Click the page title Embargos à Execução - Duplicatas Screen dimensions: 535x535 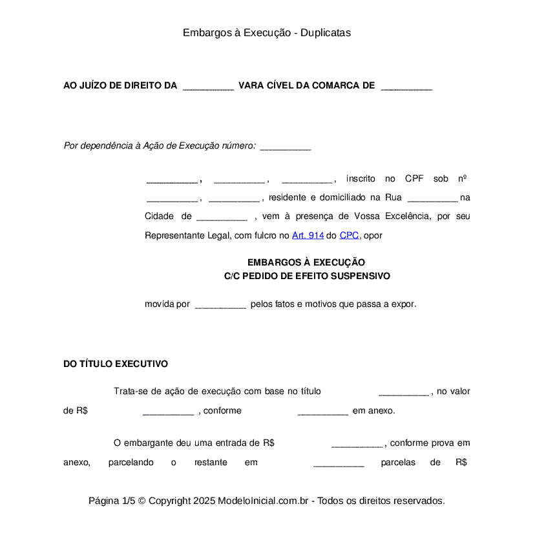267,32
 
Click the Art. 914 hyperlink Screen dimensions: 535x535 308,236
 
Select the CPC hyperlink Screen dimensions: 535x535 349,236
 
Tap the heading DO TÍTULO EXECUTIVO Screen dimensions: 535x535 116,364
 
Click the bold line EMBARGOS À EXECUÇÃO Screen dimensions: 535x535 306,262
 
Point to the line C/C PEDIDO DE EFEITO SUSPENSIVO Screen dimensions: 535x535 307,276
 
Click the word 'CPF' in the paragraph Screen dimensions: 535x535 414,179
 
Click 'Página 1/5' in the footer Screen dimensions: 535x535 111,501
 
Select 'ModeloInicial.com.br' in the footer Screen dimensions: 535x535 265,501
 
